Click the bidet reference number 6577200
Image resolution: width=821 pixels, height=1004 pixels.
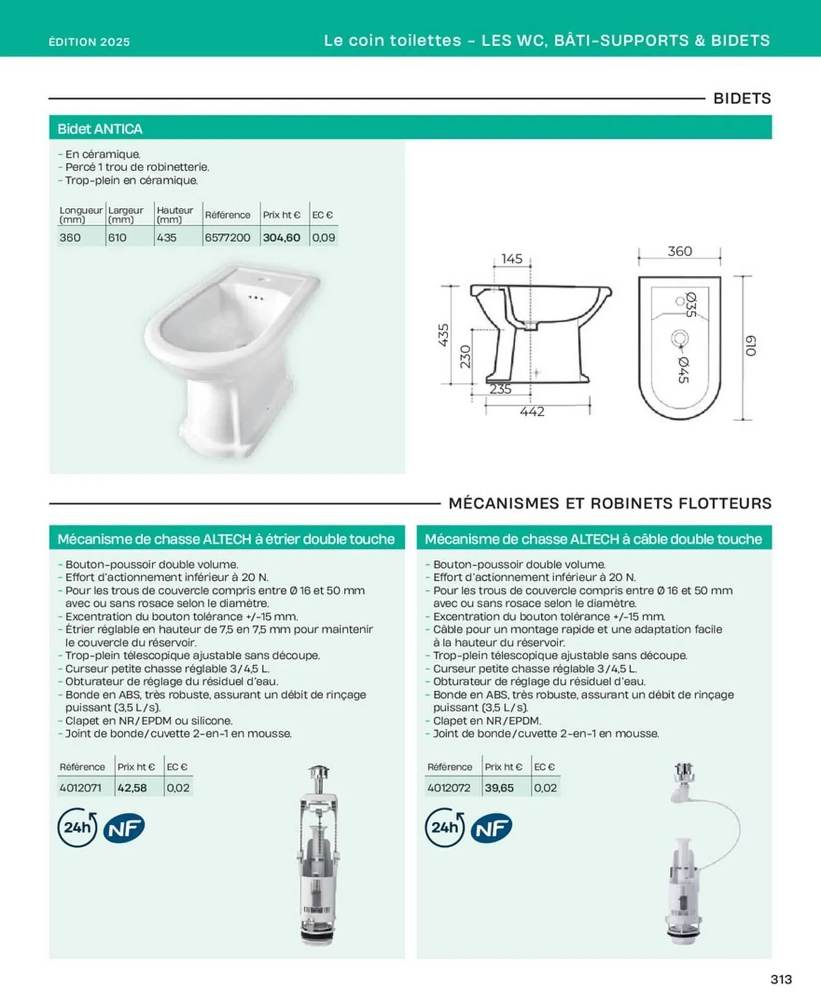click(x=227, y=237)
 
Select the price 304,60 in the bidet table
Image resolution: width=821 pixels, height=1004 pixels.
click(x=281, y=237)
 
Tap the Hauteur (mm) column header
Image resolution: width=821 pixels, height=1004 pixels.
click(x=174, y=215)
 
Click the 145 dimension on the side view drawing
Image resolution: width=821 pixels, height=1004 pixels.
click(x=511, y=259)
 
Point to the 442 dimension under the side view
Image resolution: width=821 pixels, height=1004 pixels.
click(x=532, y=412)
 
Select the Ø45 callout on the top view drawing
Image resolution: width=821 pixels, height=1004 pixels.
click(x=683, y=369)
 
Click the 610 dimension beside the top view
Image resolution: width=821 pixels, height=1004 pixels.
click(x=750, y=346)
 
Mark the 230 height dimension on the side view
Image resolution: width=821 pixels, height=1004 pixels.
click(x=466, y=356)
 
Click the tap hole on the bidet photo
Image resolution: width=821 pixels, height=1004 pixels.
click(x=263, y=279)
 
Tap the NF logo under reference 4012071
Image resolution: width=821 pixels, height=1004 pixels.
click(x=124, y=828)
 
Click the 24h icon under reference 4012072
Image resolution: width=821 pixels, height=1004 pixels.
click(x=444, y=827)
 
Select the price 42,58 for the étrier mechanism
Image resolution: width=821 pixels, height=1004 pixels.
click(x=132, y=788)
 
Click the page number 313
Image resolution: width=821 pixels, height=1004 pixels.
click(x=781, y=979)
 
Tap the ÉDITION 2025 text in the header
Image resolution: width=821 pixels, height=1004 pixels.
click(x=89, y=42)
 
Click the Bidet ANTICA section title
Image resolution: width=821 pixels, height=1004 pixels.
click(x=100, y=129)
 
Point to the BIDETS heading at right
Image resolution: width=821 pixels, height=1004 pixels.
click(x=742, y=98)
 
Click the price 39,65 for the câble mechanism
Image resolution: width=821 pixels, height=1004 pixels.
click(x=499, y=788)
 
